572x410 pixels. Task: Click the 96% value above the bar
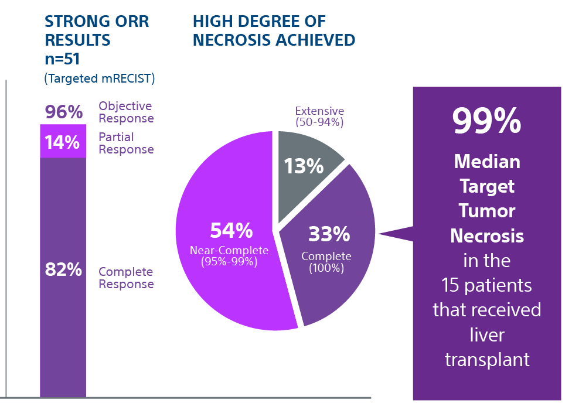click(64, 112)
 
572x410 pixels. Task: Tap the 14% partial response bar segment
click(63, 142)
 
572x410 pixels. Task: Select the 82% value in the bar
click(63, 270)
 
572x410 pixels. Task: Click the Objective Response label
click(126, 112)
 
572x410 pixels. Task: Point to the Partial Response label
click(126, 143)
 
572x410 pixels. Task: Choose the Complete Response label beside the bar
click(126, 278)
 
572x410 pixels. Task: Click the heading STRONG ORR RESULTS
click(97, 31)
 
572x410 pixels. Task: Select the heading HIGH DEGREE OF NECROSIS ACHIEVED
click(274, 31)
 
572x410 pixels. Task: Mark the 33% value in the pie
click(329, 234)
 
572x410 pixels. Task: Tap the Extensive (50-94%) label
click(319, 117)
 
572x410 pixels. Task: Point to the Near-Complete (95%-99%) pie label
click(229, 256)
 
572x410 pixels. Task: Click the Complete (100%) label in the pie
click(326, 262)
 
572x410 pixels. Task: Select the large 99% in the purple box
click(486, 121)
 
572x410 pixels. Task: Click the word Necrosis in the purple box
click(487, 235)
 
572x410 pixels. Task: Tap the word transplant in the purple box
click(487, 359)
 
